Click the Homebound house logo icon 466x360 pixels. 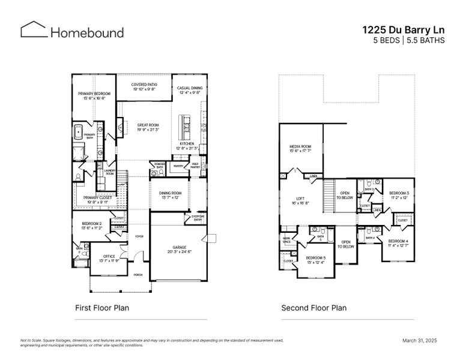click(x=32, y=31)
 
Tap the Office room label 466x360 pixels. click(x=109, y=258)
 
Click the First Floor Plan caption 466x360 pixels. click(x=101, y=308)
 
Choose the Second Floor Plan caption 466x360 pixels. click(x=313, y=308)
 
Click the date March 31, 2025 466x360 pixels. click(x=419, y=340)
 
